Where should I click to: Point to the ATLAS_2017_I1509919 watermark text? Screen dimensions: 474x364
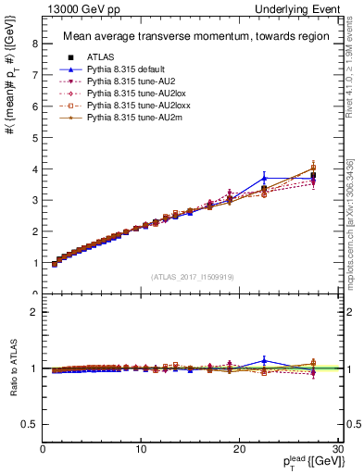(193, 276)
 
